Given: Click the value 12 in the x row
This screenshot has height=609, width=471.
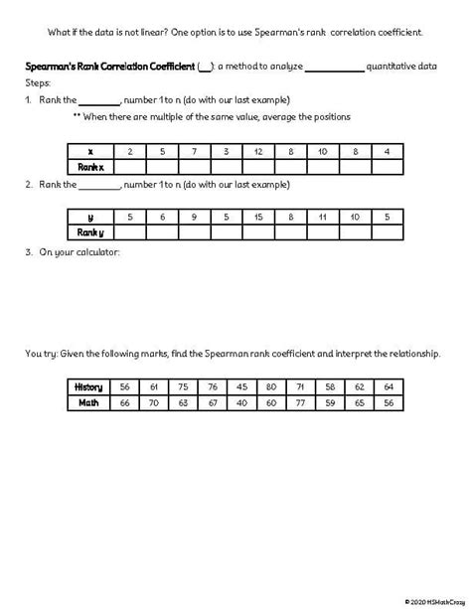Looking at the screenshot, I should tap(258, 151).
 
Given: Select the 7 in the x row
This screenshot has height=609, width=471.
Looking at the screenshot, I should tap(195, 151).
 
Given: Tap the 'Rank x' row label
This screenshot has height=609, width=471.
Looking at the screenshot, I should tap(90, 167).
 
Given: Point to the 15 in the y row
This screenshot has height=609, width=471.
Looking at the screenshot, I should tap(258, 217).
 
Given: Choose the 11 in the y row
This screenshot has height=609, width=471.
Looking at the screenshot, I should tap(323, 217).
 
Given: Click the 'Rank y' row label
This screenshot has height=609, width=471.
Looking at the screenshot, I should tap(90, 232).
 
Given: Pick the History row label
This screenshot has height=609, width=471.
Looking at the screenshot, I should tap(89, 386).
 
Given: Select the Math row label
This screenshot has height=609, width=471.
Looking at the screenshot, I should tap(89, 402).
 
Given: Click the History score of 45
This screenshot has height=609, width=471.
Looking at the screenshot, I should tap(242, 386).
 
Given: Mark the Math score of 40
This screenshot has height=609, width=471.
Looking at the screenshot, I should tap(242, 402).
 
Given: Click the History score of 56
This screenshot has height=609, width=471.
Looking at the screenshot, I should tap(125, 386).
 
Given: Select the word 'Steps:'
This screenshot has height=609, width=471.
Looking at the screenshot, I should tap(38, 83).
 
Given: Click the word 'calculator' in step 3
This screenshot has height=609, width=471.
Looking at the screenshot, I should tap(97, 252).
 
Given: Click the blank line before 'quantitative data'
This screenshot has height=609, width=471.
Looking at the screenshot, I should tap(334, 68).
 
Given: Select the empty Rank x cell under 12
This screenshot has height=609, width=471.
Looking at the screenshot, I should tap(258, 167).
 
